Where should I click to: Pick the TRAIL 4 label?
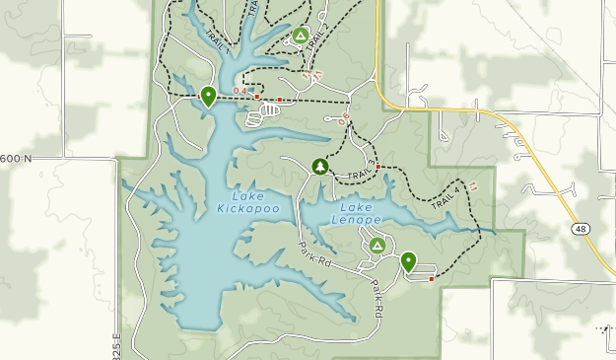445,196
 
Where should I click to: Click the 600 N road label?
17,158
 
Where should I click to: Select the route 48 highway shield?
581,229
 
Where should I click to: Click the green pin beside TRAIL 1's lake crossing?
208,96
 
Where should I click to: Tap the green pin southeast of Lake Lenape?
407,262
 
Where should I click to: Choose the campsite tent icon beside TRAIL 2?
300,35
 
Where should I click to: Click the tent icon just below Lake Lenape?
376,245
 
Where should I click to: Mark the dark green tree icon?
319,166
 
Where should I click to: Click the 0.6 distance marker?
344,120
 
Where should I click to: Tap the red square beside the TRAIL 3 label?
378,167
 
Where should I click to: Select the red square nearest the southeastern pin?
431,279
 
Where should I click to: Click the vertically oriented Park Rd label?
377,298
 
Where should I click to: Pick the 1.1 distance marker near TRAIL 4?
474,184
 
